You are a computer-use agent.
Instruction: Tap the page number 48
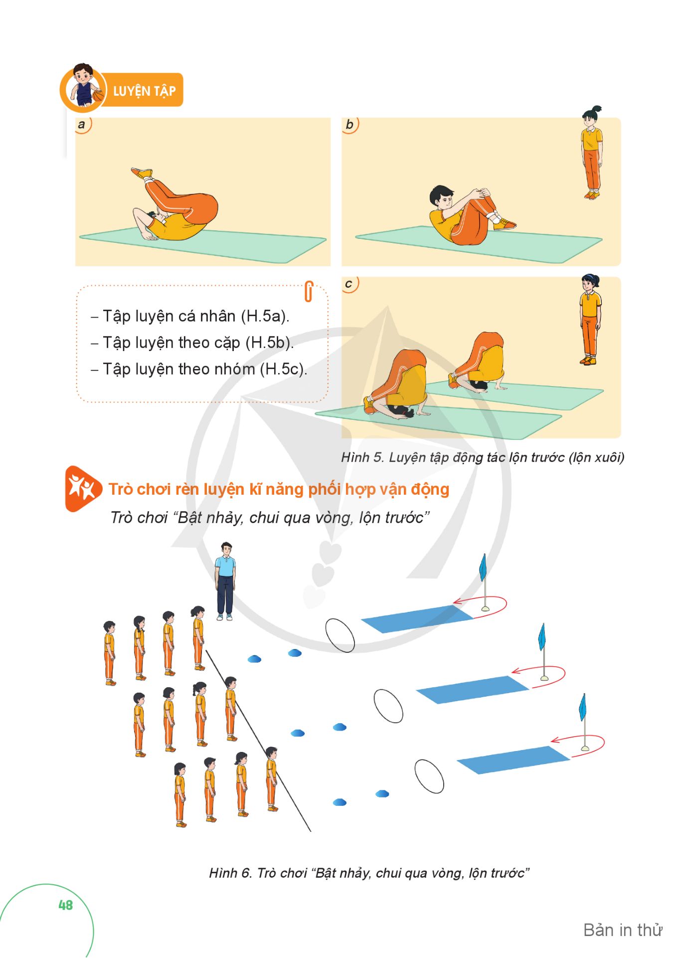[x=65, y=905]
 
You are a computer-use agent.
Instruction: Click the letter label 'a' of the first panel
[x=82, y=125]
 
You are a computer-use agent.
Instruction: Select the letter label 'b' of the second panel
[x=349, y=124]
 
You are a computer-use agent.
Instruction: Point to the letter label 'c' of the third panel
[x=348, y=284]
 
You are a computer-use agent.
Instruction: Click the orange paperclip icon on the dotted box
[x=309, y=292]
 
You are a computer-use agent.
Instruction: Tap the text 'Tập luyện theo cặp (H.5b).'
[x=198, y=343]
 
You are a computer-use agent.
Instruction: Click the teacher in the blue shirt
[x=225, y=581]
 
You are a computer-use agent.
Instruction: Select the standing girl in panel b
[x=592, y=153]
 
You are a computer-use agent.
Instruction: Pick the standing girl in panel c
[x=590, y=320]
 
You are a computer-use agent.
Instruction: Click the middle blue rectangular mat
[x=472, y=690]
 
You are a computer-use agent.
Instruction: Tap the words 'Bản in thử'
[x=623, y=930]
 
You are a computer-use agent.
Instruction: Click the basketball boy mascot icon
[x=84, y=87]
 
